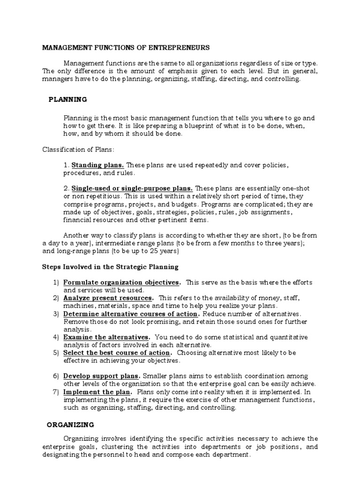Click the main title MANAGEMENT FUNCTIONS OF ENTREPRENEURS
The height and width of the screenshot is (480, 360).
pos(126,47)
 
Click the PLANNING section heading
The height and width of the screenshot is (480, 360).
pos(68,99)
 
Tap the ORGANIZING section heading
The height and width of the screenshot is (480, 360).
pos(70,425)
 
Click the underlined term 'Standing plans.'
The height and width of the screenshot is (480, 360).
pos(97,165)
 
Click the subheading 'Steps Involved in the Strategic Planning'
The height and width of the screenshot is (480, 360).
pos(110,267)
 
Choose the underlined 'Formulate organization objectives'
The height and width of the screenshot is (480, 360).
pos(121,282)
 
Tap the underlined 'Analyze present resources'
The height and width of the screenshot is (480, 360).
pos(108,298)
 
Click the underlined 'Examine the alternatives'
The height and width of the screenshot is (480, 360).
pos(106,337)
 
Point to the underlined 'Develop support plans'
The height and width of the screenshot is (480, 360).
pos(101,375)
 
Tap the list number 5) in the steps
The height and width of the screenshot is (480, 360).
pos(56,352)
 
